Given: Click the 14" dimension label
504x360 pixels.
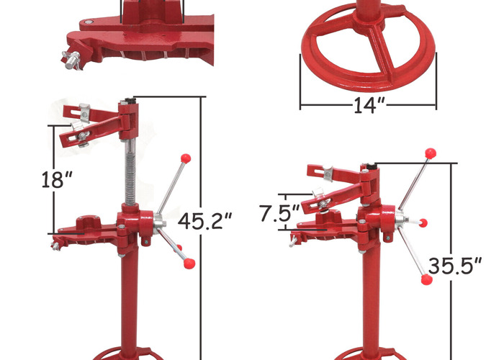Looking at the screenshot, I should (x=369, y=105).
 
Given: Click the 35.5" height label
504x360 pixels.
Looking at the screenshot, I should (x=455, y=266).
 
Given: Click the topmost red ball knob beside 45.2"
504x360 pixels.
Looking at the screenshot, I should (x=185, y=156).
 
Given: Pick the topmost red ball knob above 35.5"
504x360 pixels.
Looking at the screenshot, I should (x=432, y=153).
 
